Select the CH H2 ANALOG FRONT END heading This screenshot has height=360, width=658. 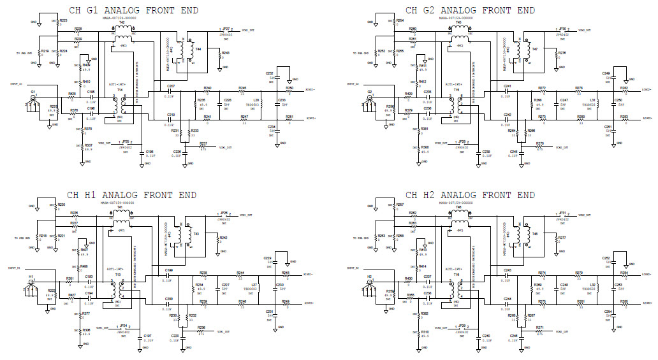[x=469, y=194]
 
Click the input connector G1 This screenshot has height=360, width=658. [x=32, y=99]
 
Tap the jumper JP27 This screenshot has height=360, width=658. [x=226, y=29]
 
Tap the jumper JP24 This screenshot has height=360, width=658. [x=124, y=326]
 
